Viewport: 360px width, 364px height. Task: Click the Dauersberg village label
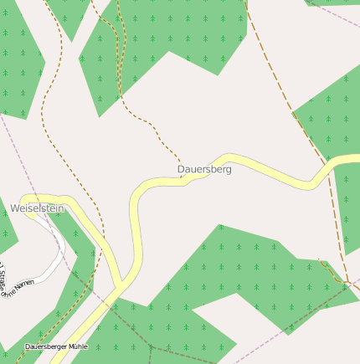tap(204, 169)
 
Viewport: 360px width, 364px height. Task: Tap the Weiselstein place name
tap(37, 208)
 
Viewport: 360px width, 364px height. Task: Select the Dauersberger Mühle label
tap(56, 346)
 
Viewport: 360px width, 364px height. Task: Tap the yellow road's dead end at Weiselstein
tap(26, 209)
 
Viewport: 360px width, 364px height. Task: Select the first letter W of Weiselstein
tap(14, 208)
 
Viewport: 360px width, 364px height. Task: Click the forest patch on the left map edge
tap(17, 67)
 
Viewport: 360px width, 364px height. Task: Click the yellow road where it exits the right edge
tap(356, 160)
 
